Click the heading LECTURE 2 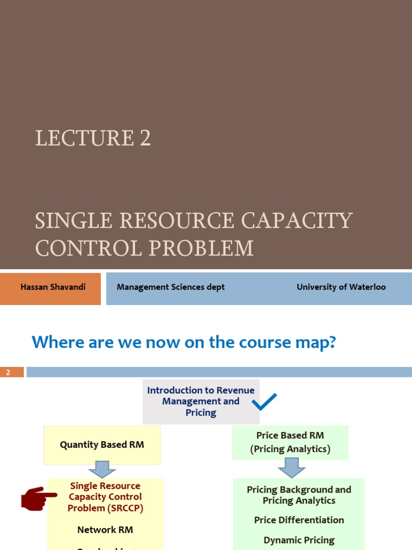pos(93,139)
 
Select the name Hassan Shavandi pos(53,287)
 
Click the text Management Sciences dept pos(171,287)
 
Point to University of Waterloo pos(341,287)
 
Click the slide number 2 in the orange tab pos(9,372)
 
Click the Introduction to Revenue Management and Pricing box pos(201,401)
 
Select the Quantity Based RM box pos(102,445)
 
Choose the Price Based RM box pos(290,442)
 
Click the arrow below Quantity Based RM pos(102,469)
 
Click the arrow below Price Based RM pos(292,467)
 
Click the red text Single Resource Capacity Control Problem pos(105,497)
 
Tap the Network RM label pos(105,530)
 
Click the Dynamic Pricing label pos(299,540)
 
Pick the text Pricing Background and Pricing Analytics pos(299,495)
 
